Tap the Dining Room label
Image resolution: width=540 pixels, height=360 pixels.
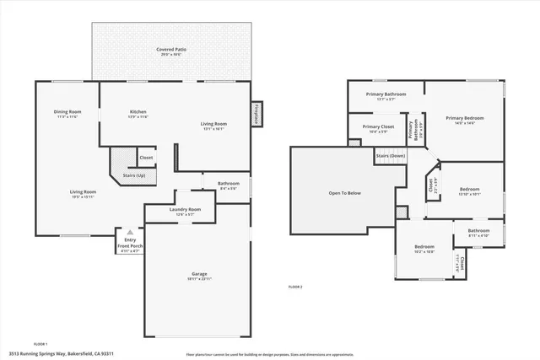coord(67,114)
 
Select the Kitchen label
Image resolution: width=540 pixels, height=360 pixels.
coord(138,114)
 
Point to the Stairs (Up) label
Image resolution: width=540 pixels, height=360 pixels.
coord(135,175)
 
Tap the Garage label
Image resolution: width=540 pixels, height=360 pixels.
coord(199,276)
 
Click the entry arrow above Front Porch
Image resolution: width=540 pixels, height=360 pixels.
coord(129,232)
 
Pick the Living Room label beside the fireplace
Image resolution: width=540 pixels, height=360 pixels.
coord(213,126)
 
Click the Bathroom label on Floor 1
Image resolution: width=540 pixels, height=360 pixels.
coord(228,185)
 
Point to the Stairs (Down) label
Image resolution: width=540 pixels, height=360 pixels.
coord(391,156)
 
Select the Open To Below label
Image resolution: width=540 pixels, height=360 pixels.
coord(345,193)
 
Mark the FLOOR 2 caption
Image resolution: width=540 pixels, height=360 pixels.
coord(294,287)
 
